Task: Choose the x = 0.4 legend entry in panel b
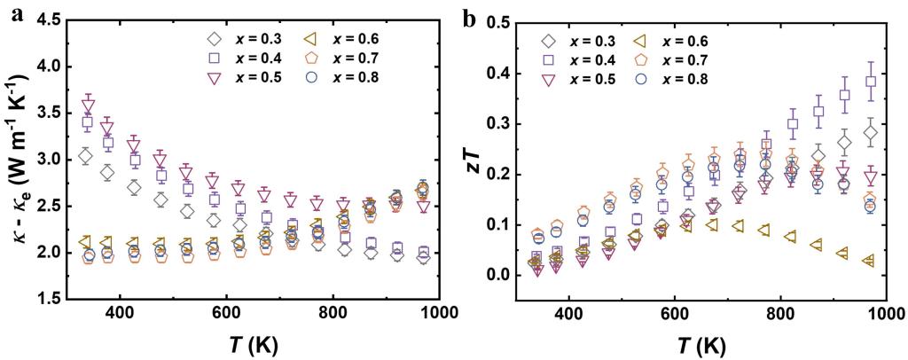[577, 59]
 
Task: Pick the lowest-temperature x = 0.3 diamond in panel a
[85, 157]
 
